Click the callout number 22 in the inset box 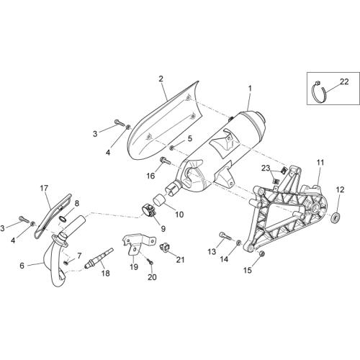click(x=344, y=82)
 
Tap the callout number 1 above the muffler click(x=250, y=89)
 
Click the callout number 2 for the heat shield click(x=161, y=78)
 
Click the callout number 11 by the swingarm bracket click(x=320, y=163)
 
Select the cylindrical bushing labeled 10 click(x=158, y=201)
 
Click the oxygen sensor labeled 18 click(x=99, y=259)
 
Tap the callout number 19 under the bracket click(x=134, y=266)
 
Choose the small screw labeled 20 click(x=150, y=263)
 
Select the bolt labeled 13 click(x=225, y=235)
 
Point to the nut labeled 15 click(x=262, y=253)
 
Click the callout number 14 click(x=224, y=258)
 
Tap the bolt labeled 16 click(x=166, y=161)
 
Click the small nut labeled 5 click(x=172, y=148)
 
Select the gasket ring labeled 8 click(x=62, y=219)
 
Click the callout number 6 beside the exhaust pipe click(x=22, y=266)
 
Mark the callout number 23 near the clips click(x=266, y=168)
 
